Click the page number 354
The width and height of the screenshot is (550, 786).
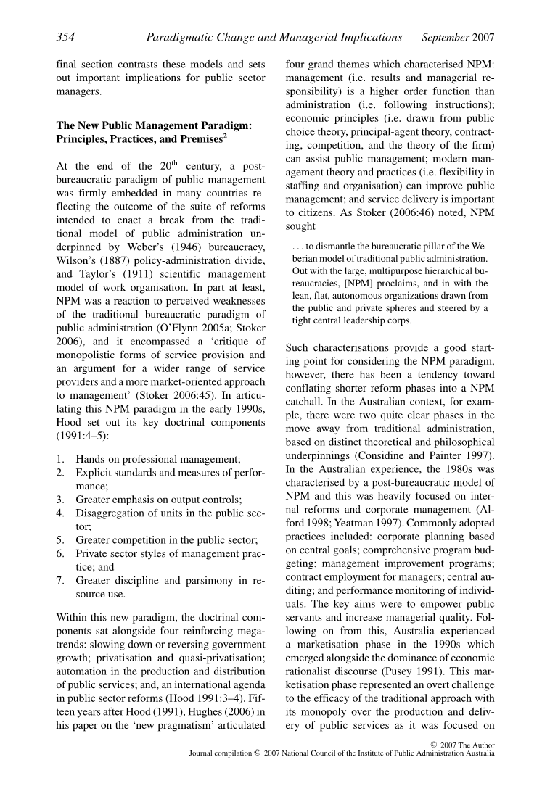(x=66, y=37)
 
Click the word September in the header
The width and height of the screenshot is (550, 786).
(x=447, y=37)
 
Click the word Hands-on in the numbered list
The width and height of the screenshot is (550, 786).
(x=100, y=458)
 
